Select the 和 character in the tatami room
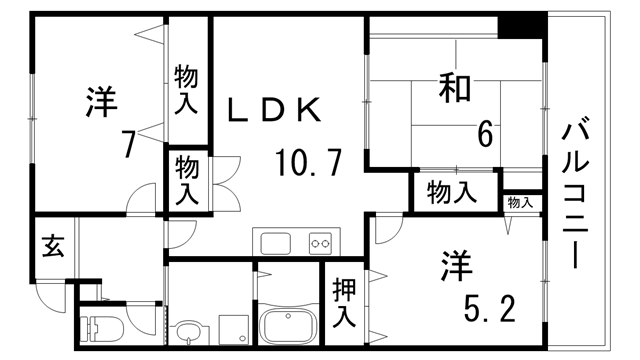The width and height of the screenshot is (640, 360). click(x=453, y=90)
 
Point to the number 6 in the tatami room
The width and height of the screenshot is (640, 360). click(x=485, y=133)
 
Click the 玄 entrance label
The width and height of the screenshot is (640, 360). click(x=52, y=245)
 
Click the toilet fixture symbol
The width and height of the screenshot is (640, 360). click(x=104, y=328)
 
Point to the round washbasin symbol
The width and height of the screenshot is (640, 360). click(x=188, y=329)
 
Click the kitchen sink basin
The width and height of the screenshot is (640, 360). click(x=274, y=241)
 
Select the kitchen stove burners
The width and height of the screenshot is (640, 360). click(x=321, y=241)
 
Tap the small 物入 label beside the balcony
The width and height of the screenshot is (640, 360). click(x=519, y=203)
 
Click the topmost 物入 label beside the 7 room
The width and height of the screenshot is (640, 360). click(x=187, y=87)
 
